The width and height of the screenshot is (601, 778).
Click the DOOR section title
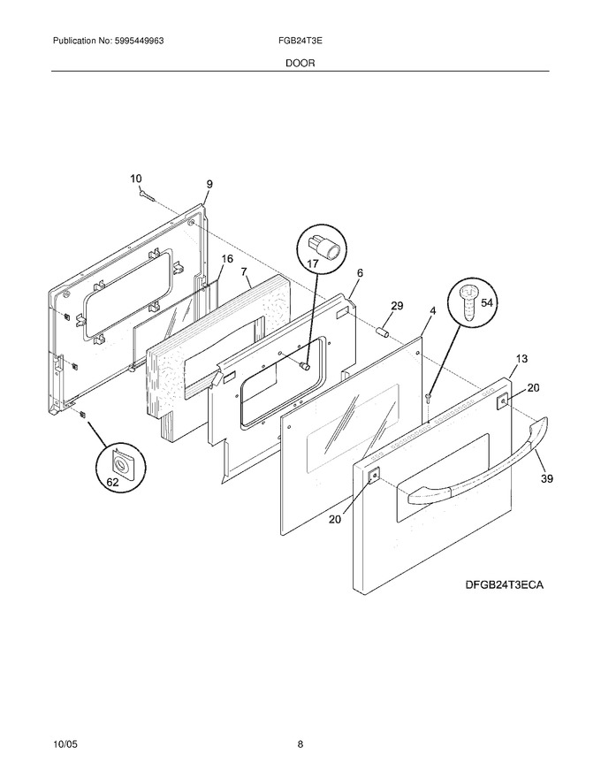click(300, 63)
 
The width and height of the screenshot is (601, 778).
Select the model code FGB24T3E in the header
click(300, 41)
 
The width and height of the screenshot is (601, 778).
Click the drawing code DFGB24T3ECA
click(505, 584)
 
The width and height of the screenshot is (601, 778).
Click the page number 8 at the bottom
click(300, 744)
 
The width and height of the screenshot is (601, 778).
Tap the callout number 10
click(136, 179)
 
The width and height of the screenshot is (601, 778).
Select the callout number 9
click(209, 184)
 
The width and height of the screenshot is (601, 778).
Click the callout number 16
click(226, 258)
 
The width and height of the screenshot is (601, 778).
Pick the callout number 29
click(397, 306)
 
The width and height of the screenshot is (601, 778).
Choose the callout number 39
click(547, 478)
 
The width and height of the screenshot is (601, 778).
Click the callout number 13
click(521, 358)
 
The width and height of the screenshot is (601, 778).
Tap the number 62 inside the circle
click(113, 481)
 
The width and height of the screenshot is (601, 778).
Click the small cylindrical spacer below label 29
click(383, 331)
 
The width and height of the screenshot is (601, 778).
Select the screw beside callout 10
click(148, 195)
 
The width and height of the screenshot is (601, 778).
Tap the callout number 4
click(433, 311)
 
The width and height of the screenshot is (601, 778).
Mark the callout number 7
click(244, 271)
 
